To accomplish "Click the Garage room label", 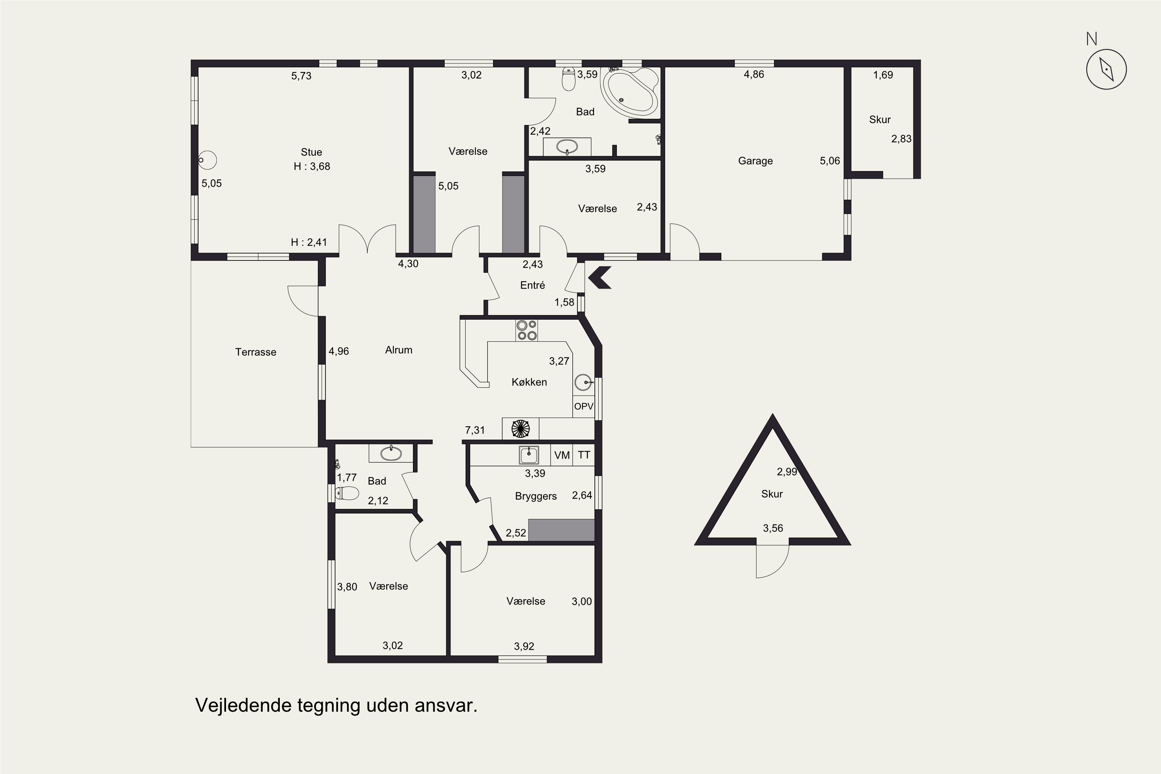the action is pyautogui.click(x=755, y=161).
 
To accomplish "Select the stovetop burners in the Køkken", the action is pyautogui.click(x=526, y=330).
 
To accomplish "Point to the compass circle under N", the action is pyautogui.click(x=1106, y=69).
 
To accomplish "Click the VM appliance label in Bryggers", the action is pyautogui.click(x=562, y=455).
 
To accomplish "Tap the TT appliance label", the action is pyautogui.click(x=584, y=455).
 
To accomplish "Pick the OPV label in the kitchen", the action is pyautogui.click(x=584, y=406).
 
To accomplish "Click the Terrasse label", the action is pyautogui.click(x=256, y=352).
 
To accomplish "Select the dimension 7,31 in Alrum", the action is pyautogui.click(x=475, y=430).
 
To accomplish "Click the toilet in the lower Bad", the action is pyautogui.click(x=347, y=493).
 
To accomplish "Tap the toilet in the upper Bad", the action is pyautogui.click(x=569, y=79).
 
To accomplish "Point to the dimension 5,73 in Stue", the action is pyautogui.click(x=301, y=76).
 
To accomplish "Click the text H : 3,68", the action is pyautogui.click(x=312, y=166).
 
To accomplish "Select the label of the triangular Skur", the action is pyautogui.click(x=772, y=494).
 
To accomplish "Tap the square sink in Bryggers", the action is pyautogui.click(x=529, y=455).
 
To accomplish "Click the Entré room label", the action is pyautogui.click(x=533, y=285).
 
